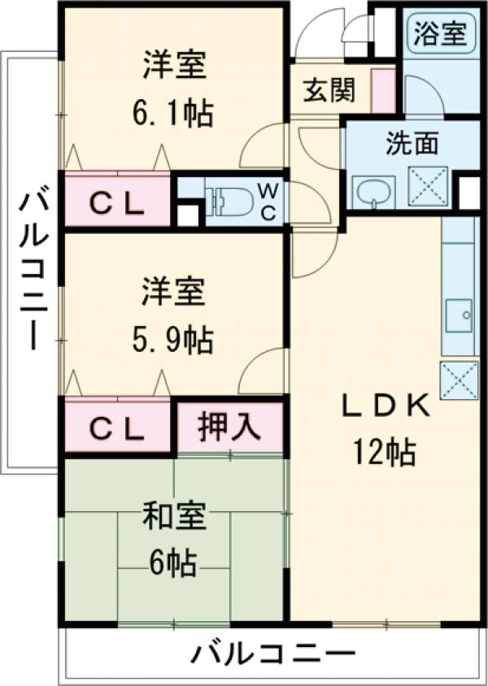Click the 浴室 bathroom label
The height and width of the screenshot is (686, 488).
(x=440, y=33)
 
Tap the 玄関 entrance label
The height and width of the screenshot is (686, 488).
(x=329, y=90)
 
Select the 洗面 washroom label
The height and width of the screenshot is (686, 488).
(x=412, y=144)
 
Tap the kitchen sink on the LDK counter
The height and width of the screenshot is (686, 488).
(x=458, y=315)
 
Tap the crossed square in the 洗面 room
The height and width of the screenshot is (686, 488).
(x=428, y=184)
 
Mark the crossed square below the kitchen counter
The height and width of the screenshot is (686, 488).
(x=458, y=380)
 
